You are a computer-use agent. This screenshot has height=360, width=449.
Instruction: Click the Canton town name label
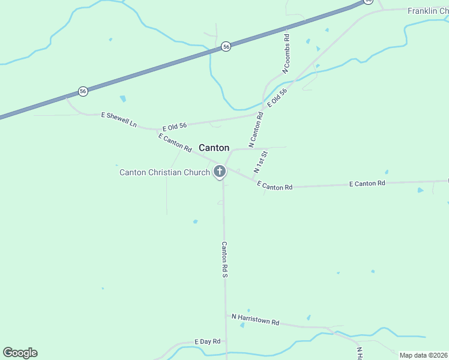[x=214, y=148]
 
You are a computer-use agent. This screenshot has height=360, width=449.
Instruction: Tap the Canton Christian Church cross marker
[x=220, y=172]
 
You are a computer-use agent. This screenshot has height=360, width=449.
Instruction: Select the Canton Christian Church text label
[x=164, y=173]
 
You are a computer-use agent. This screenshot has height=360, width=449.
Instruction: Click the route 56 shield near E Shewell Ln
[x=83, y=91]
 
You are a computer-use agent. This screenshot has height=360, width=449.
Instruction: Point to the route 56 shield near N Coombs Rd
[x=226, y=46]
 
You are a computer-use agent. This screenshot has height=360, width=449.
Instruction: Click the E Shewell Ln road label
[x=118, y=119]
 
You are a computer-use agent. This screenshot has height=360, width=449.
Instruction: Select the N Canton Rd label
[x=256, y=130]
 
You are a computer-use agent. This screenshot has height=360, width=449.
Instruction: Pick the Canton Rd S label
[x=224, y=259]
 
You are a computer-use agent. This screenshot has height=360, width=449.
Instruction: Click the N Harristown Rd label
[x=255, y=319]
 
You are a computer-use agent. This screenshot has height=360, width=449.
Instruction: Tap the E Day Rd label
[x=208, y=341]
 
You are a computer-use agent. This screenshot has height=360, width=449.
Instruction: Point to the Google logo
[x=20, y=353]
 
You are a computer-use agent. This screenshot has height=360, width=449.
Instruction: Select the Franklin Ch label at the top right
[x=427, y=11]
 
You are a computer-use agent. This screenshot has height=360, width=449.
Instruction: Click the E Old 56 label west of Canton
[x=175, y=126]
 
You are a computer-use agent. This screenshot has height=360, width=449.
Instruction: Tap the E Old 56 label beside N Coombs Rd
[x=277, y=97]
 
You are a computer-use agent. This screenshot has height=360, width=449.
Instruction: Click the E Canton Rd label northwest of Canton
[x=175, y=142]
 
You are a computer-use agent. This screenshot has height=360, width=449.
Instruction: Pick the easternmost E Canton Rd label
[x=367, y=183]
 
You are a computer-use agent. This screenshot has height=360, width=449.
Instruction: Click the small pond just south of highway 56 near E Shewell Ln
[x=123, y=98]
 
